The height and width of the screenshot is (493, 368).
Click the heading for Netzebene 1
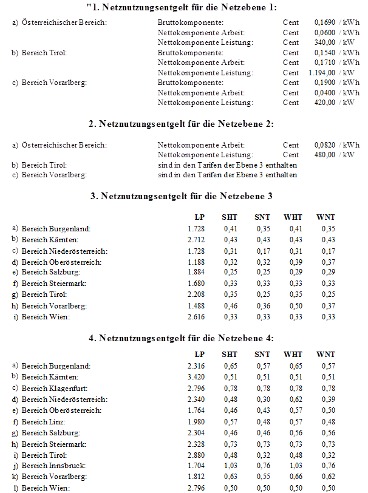click(x=182, y=7)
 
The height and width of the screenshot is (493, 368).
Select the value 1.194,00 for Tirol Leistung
click(x=322, y=73)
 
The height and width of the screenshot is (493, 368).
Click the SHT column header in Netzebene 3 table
click(x=230, y=217)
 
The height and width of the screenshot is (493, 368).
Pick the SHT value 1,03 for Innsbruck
click(x=230, y=466)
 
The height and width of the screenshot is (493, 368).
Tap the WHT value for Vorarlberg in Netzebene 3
click(x=293, y=306)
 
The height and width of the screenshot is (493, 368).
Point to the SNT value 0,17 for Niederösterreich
click(x=262, y=251)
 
